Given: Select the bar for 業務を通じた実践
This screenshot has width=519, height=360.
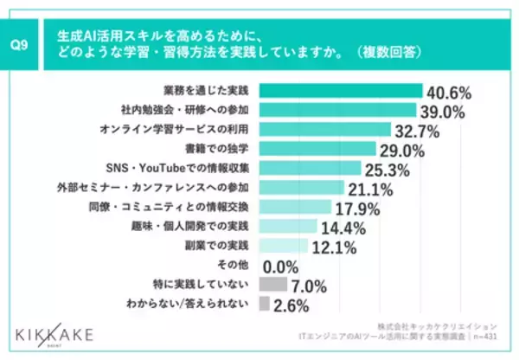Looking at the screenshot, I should coord(340,91).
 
